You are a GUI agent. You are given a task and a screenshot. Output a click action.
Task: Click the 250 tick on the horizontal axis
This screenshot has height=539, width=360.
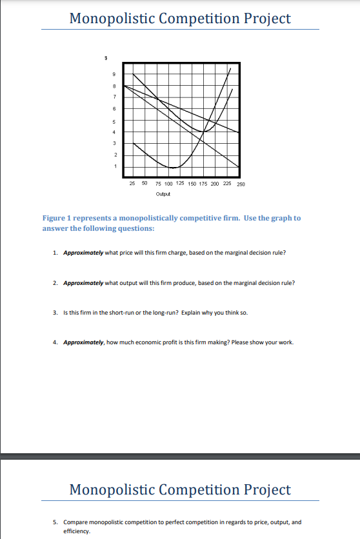(241, 184)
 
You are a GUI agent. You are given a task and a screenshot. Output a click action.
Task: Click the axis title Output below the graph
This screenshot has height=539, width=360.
(163, 193)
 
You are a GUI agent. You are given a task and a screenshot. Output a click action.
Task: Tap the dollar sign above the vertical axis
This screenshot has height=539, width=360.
(106, 59)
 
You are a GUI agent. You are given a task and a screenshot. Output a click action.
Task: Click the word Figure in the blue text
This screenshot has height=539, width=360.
(54, 218)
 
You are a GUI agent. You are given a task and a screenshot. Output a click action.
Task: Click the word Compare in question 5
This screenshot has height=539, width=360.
(76, 523)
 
